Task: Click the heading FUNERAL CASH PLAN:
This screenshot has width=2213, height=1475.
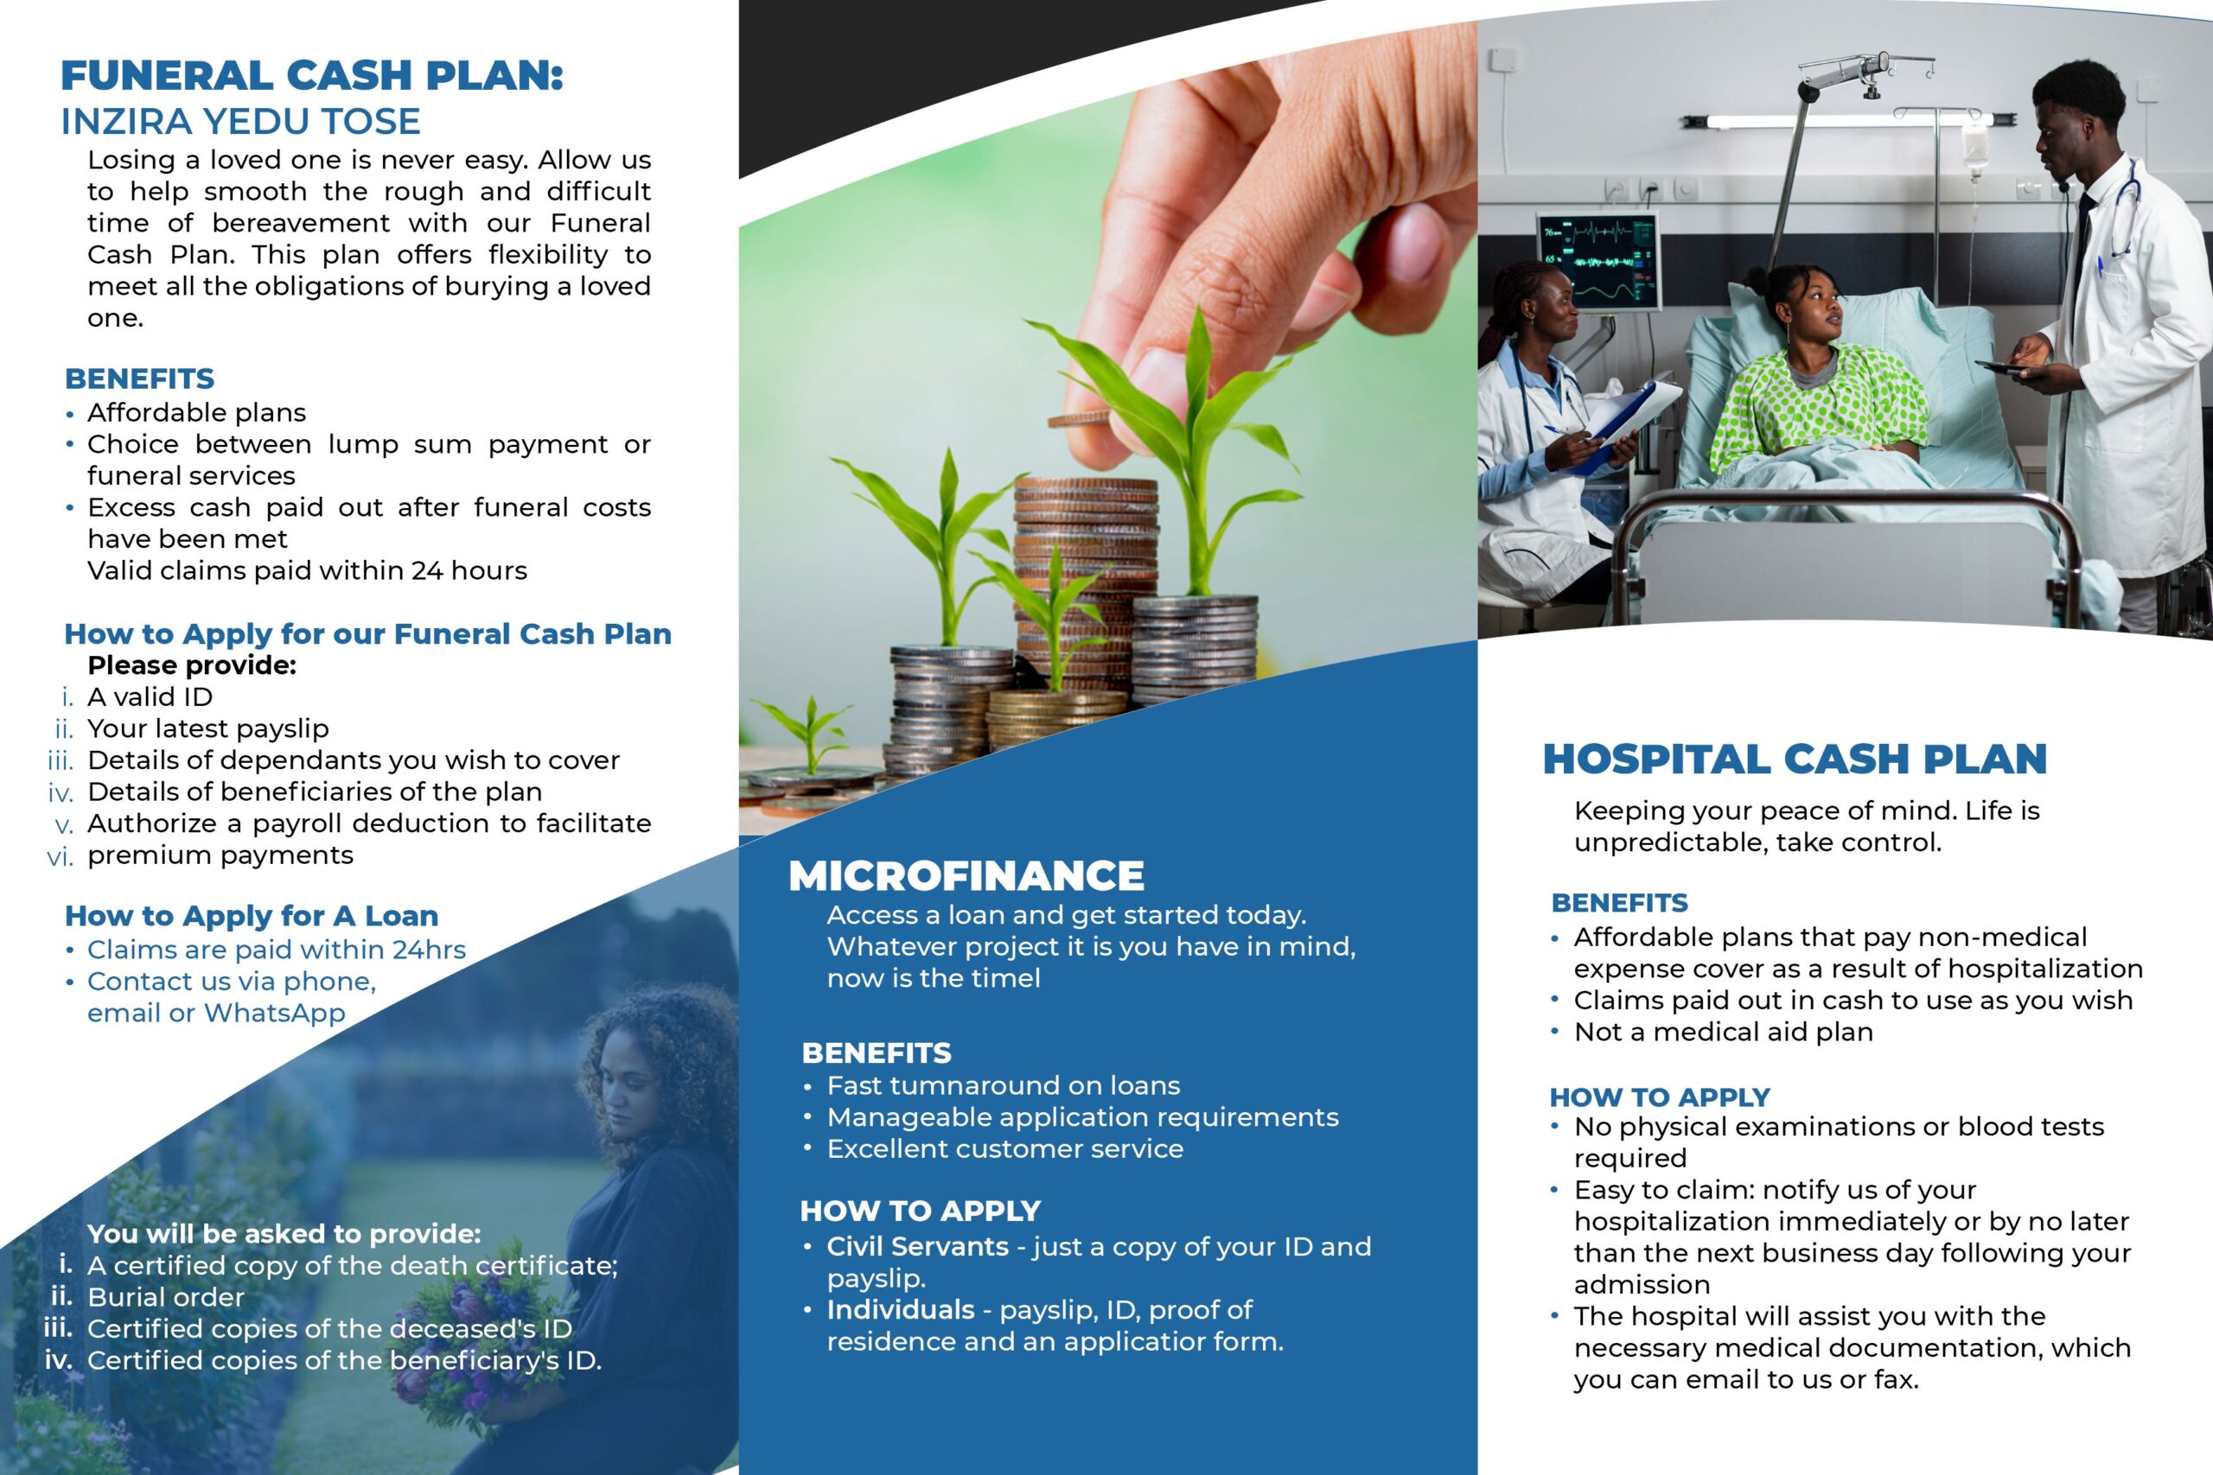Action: (x=311, y=75)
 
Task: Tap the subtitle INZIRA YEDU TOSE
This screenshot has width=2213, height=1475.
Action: (x=241, y=121)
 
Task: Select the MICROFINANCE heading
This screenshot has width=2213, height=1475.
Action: (x=966, y=876)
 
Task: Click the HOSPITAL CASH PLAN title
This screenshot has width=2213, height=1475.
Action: (x=1795, y=760)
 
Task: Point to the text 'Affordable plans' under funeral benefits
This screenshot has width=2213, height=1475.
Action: (x=196, y=412)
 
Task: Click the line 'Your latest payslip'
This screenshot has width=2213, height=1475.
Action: (x=208, y=728)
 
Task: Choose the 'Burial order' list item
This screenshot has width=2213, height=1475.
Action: (x=166, y=1297)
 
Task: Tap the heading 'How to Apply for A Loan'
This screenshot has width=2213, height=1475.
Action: (x=252, y=915)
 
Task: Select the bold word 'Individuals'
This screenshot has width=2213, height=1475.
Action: (x=901, y=1309)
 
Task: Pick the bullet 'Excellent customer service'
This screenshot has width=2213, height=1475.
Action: (x=1004, y=1148)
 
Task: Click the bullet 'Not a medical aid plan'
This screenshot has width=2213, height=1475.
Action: (x=1723, y=1032)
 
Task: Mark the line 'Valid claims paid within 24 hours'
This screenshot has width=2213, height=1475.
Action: (x=307, y=570)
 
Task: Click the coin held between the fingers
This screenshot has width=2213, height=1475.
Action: (x=1081, y=418)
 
